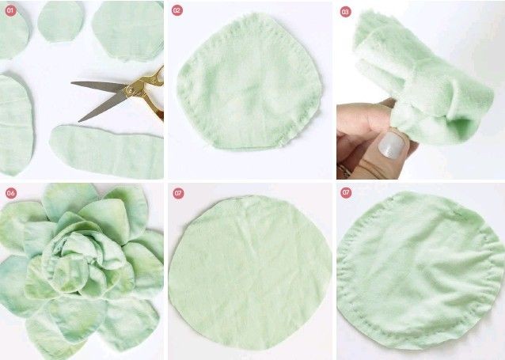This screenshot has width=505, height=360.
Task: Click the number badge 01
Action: (x=10, y=10)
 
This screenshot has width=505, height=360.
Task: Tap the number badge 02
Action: (x=177, y=10)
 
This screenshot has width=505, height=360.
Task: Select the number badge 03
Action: (x=346, y=12)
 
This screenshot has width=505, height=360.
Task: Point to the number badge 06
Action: (x=11, y=193)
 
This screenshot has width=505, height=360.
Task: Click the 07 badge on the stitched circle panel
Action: (x=346, y=192)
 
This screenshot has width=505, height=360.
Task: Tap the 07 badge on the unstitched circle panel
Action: (x=178, y=193)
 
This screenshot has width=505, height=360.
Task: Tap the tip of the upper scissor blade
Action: (x=71, y=83)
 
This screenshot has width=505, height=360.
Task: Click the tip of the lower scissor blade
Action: (x=79, y=121)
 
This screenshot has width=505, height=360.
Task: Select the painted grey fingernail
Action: (x=391, y=145)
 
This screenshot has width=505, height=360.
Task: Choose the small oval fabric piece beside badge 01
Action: (x=60, y=21)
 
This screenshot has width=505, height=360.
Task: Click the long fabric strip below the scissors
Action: (x=107, y=152)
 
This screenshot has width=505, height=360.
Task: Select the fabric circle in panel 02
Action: (x=249, y=82)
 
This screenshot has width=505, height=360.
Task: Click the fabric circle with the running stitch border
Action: (x=420, y=270)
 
